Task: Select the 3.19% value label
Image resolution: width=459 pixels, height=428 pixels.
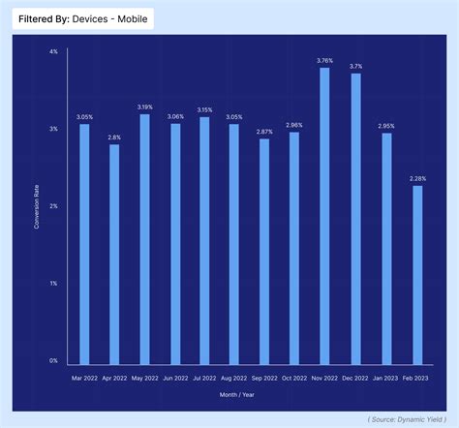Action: point(144,106)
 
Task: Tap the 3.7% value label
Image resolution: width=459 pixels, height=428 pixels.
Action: point(355,65)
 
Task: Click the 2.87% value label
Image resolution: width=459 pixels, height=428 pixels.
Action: point(264,130)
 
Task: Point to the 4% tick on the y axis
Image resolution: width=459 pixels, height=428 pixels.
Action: point(53,50)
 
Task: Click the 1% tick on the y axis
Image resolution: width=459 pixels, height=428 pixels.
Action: point(53,283)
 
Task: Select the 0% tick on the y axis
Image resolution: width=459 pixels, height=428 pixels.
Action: point(53,360)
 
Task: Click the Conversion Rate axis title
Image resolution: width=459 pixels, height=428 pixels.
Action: point(37,205)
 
